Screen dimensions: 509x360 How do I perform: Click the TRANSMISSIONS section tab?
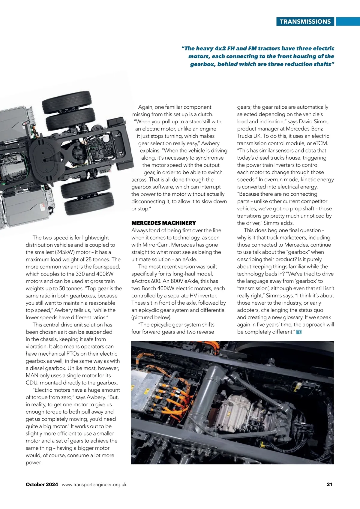coord(305,22)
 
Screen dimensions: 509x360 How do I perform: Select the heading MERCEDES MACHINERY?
coord(163,223)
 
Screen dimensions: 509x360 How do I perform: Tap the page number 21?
coord(329,484)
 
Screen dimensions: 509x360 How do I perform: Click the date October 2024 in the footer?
coord(42,484)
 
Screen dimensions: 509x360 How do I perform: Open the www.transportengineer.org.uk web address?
coord(94,484)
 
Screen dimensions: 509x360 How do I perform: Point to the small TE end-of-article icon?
coord(298,332)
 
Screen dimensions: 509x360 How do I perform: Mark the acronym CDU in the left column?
coord(32,383)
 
